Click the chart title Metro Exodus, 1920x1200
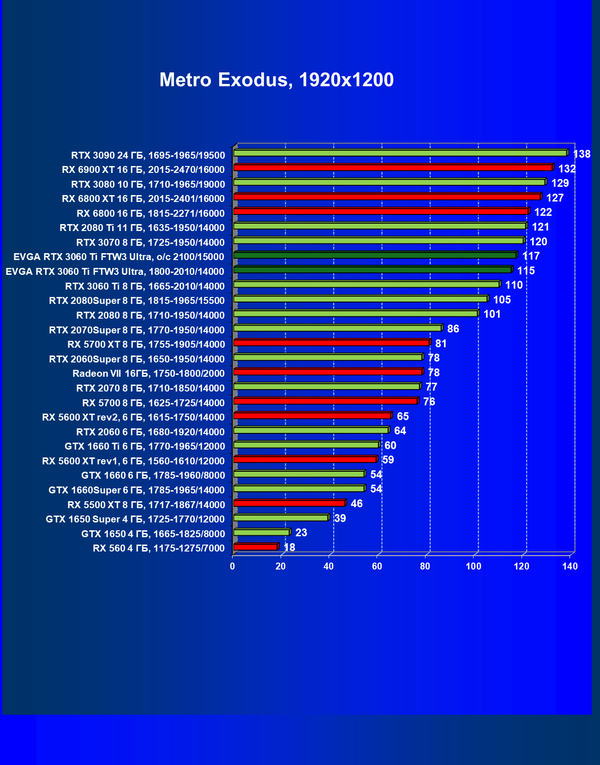point(276,80)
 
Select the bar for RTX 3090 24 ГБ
point(400,153)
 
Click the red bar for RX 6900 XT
point(393,167)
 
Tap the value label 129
point(560,183)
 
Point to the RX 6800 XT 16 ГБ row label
point(143,199)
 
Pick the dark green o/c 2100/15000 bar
point(375,255)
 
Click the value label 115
point(526,271)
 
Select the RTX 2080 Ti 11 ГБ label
point(142,228)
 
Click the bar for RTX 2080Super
point(360,299)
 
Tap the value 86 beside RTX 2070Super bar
point(453,329)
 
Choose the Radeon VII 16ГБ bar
point(328,372)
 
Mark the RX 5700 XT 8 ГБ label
point(146,344)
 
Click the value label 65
point(402,416)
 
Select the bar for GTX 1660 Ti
point(306,445)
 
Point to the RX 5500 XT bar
point(289,503)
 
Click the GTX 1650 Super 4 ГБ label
point(135,519)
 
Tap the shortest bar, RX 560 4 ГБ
point(255,547)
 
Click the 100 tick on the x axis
point(474,566)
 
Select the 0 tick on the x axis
point(233,566)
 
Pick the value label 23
point(301,533)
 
